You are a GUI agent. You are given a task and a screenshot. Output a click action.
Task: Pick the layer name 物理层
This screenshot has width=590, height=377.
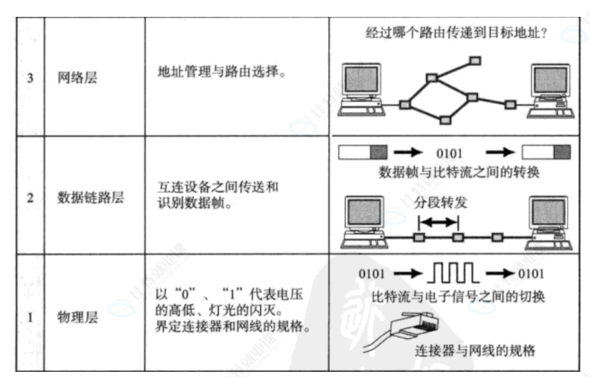pos(77,318)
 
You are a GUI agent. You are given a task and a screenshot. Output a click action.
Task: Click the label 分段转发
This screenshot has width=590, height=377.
pos(440,204)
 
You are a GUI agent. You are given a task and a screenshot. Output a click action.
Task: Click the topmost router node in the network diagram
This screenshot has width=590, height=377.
pos(476,61)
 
